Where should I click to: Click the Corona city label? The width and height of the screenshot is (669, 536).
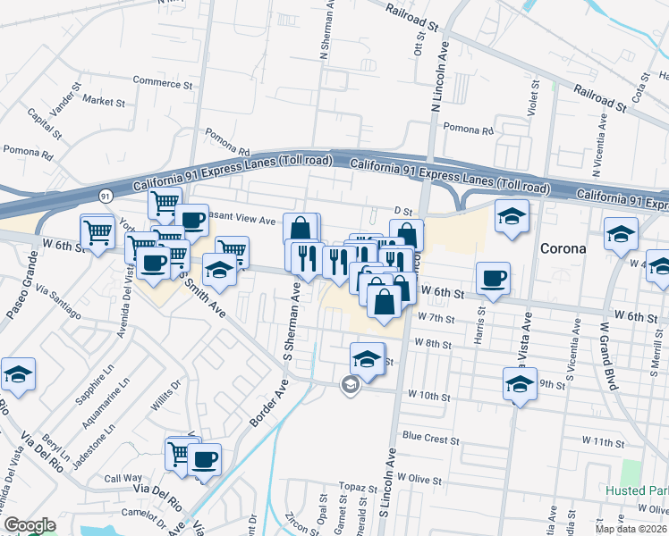(563, 248)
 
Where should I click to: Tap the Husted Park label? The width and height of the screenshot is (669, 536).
(636, 491)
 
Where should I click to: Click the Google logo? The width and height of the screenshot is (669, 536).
(30, 526)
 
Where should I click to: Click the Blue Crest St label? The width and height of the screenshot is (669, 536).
(429, 439)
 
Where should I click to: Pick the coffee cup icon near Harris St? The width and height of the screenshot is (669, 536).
(493, 278)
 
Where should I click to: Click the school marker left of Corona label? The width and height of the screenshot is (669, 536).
(512, 216)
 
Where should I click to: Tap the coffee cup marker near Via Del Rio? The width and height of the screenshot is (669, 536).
(204, 460)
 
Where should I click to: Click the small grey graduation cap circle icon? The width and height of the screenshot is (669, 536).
(351, 385)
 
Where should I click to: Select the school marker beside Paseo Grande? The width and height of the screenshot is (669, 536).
(18, 374)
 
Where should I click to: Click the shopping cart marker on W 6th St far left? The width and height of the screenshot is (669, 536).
(97, 232)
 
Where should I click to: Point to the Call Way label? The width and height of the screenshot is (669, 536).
(123, 479)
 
